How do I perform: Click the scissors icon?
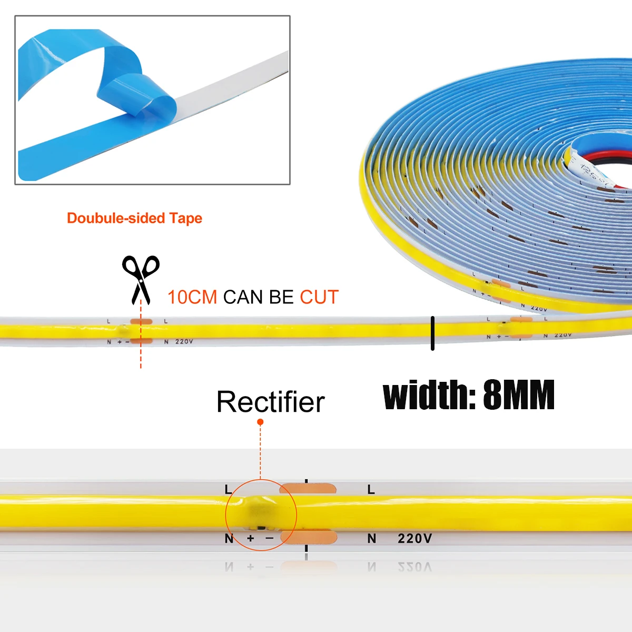[x=141, y=279]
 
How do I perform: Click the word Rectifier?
[x=271, y=402]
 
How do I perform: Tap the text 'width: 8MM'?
[x=468, y=396]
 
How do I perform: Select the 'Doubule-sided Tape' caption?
[x=134, y=218]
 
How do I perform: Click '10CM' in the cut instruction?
[x=192, y=297]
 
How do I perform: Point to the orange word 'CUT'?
[x=319, y=297]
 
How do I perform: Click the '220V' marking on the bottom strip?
[x=414, y=538]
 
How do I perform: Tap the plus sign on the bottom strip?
[x=251, y=538]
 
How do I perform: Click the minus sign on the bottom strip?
[x=270, y=538]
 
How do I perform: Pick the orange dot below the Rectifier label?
[x=260, y=422]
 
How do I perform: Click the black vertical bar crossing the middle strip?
[x=432, y=333]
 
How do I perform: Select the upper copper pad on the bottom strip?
[x=309, y=488]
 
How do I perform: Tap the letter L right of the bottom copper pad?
[x=371, y=490]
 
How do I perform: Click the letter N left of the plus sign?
[x=229, y=539]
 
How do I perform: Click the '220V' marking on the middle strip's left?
[x=184, y=342]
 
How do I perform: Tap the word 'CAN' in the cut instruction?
[x=244, y=297]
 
